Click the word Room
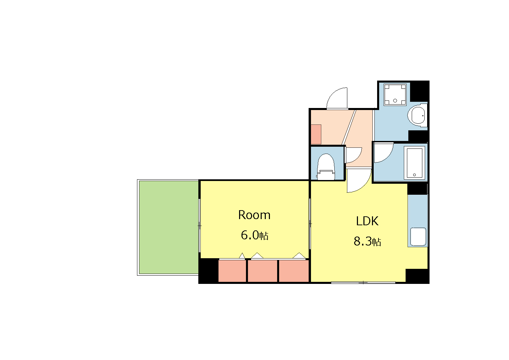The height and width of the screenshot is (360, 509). click(x=254, y=215)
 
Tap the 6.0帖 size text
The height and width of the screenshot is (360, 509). click(x=255, y=236)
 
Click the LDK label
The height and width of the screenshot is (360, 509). click(x=367, y=221)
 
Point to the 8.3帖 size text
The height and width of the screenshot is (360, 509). click(x=367, y=241)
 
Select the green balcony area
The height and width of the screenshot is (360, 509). click(x=169, y=227)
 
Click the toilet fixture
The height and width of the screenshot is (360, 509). click(x=326, y=167)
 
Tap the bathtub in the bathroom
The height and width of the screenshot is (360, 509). click(x=414, y=163)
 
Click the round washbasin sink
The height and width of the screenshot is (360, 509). click(x=418, y=115)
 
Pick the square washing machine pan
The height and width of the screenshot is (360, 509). click(x=395, y=95)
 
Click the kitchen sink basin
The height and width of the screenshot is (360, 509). click(x=418, y=237)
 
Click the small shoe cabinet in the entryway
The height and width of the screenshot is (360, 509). click(x=316, y=134)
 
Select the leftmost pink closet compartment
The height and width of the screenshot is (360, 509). click(x=232, y=271)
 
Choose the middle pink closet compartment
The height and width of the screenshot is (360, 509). click(x=262, y=271)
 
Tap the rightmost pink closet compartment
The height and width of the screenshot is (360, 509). click(x=294, y=271)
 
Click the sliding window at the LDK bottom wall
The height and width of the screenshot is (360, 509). click(x=363, y=283)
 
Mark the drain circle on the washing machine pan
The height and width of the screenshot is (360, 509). click(x=395, y=100)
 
